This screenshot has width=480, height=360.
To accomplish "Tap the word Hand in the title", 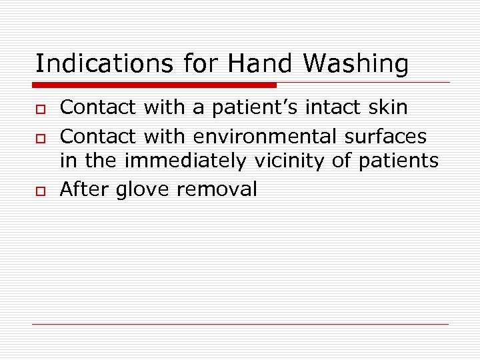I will click(260, 64).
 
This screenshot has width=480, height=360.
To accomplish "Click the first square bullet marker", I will click(39, 107).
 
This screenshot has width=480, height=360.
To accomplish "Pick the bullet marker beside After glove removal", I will click(39, 190).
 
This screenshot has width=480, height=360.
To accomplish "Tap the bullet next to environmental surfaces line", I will click(39, 137).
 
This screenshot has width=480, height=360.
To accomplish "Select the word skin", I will click(387, 107).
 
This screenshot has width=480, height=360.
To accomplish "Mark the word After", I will click(85, 189).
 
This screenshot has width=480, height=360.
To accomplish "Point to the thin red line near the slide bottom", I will click(240, 324).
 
